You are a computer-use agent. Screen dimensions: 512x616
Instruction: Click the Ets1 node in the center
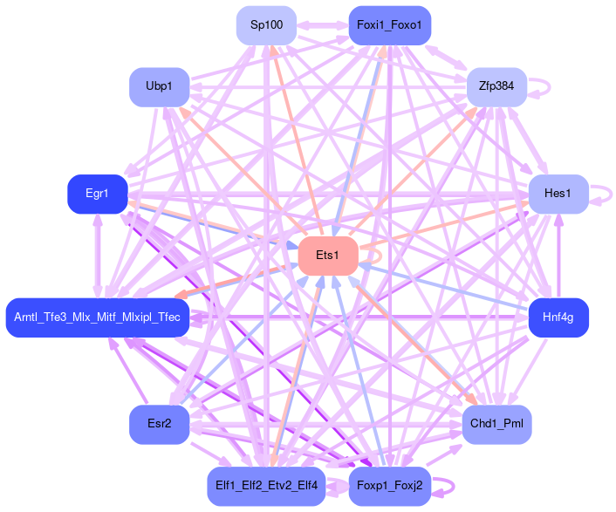tap(328, 256)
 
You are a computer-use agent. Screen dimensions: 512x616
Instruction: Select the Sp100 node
tap(266, 25)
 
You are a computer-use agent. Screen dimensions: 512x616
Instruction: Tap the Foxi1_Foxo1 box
tap(389, 25)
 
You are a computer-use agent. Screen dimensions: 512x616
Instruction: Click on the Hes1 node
tap(558, 194)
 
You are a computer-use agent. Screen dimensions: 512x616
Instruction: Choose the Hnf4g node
tap(558, 317)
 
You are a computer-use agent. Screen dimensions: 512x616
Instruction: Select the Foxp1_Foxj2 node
tap(389, 486)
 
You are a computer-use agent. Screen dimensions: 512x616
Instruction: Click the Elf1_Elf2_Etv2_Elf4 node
tap(266, 486)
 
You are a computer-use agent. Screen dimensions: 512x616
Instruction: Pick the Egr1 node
tap(98, 194)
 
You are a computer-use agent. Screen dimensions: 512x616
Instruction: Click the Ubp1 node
tap(160, 86)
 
